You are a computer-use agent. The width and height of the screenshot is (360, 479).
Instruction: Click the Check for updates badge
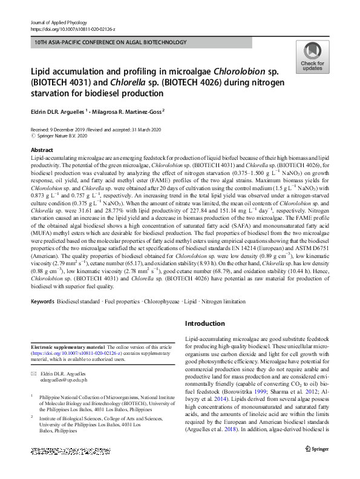(x=312, y=58)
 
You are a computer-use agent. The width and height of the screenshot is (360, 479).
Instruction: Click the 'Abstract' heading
(x=42, y=150)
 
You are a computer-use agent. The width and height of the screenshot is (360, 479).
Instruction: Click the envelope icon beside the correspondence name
(x=35, y=374)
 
